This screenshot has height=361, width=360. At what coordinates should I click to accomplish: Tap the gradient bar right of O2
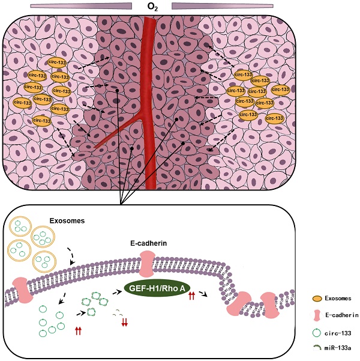point(222,5)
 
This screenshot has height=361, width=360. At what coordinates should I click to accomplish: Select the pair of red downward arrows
point(125,323)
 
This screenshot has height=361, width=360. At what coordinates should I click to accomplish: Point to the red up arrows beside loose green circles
point(78,330)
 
